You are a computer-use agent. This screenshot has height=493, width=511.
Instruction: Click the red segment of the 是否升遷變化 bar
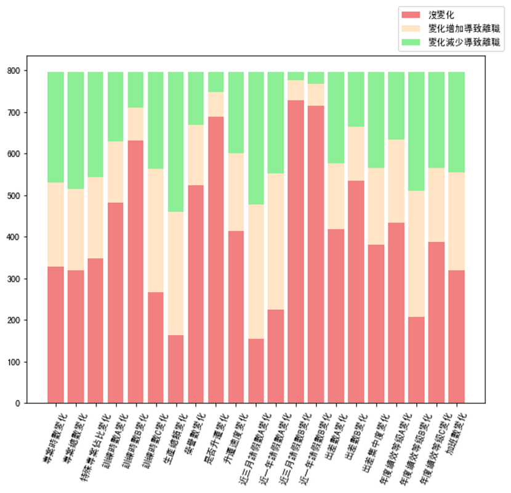click(216, 259)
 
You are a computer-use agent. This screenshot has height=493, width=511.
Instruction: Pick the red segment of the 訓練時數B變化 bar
click(136, 271)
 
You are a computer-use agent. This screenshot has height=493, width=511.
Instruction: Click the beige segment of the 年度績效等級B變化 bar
click(416, 253)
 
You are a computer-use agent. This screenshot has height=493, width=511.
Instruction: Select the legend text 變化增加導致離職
click(464, 28)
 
